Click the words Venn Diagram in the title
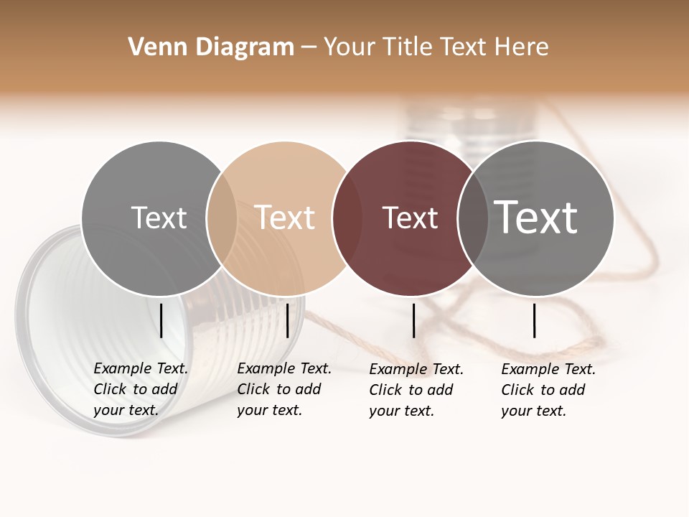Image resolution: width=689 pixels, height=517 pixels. [x=211, y=47]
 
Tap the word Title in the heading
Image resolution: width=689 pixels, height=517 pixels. [x=407, y=47]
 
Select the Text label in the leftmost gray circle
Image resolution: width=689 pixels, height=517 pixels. [x=159, y=218]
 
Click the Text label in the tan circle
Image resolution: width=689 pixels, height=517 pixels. [x=284, y=218]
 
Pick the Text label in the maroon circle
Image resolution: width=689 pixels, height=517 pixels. [x=410, y=218]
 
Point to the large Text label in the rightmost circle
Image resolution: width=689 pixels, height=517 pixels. [x=536, y=218]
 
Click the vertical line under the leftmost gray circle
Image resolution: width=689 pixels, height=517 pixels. [x=161, y=320]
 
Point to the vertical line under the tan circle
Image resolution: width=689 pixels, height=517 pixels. [x=287, y=320]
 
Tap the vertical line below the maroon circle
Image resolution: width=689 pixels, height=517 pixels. [x=414, y=320]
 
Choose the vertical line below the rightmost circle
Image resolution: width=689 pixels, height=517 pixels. [x=535, y=320]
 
